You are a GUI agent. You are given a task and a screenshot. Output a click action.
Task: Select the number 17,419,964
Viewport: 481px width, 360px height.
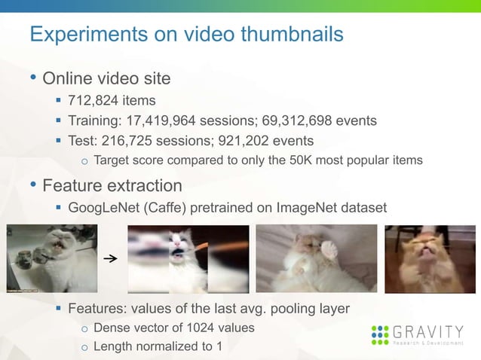point(174,121)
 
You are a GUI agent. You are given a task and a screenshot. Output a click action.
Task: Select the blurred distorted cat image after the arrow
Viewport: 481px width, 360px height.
point(188,258)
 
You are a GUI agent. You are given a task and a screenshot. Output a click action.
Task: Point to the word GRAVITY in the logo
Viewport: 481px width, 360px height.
point(428,331)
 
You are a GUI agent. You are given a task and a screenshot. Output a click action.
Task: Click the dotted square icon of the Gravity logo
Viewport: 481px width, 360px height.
point(381,335)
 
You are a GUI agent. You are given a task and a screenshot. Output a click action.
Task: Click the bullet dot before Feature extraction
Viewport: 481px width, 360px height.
point(33,185)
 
